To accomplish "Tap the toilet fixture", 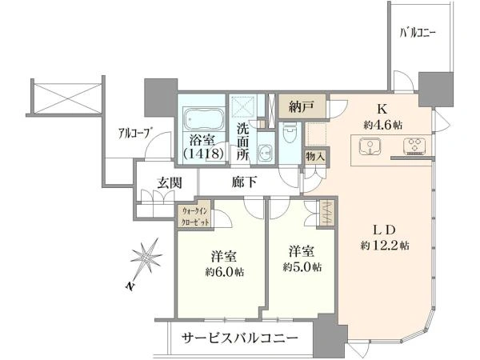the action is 290,132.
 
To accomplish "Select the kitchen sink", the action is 370,146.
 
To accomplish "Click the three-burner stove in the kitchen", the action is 414,146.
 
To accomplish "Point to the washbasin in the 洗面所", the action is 265,152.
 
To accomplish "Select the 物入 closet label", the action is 314,157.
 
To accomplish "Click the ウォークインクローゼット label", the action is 194,217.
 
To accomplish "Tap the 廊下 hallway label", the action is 244,182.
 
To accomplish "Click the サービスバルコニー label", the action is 240,338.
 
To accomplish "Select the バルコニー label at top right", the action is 418,33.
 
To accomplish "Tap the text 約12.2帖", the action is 385,246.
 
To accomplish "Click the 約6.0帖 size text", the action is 224,272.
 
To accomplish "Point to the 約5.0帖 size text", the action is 302,267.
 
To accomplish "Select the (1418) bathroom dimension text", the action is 203,154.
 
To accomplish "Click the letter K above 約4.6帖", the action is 382,109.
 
